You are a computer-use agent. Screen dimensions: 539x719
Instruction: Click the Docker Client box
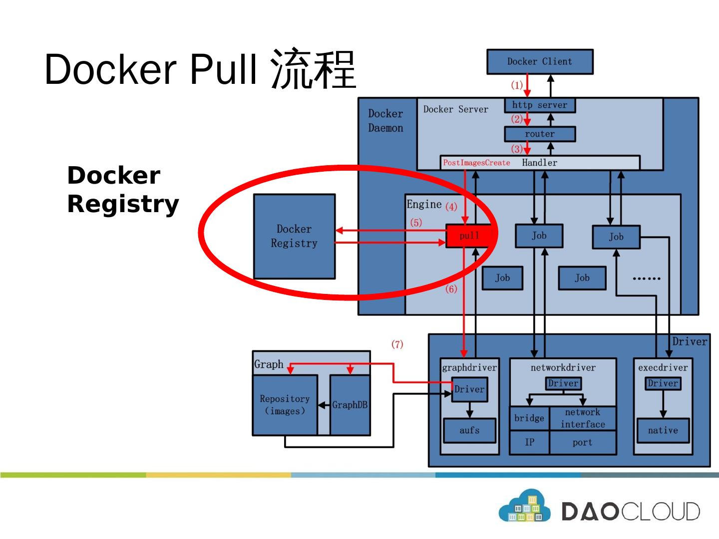coord(540,62)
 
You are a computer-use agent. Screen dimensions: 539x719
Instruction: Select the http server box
coord(540,105)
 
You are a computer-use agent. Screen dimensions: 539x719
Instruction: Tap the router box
coord(540,134)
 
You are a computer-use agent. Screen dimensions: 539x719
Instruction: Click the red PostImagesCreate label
coord(476,163)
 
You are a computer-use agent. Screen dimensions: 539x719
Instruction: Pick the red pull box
coord(469,236)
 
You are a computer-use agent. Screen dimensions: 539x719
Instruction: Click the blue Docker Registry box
coord(294,236)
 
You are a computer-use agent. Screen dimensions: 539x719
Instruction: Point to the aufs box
coord(469,430)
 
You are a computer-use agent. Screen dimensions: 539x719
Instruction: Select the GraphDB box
coord(350,405)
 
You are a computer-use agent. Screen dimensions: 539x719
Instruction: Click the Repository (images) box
coord(285,405)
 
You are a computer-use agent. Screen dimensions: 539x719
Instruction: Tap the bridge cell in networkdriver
coord(529,418)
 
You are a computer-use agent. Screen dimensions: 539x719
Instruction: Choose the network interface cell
coord(583,418)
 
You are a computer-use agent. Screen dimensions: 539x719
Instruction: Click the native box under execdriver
coord(663,430)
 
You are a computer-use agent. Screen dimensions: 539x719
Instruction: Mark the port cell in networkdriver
coord(583,442)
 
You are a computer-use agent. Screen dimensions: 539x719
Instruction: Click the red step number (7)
coord(397,344)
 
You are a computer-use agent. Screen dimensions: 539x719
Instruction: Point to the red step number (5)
coord(416,223)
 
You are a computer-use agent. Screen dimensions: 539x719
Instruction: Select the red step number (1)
coord(517,85)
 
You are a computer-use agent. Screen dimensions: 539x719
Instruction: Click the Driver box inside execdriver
coord(663,383)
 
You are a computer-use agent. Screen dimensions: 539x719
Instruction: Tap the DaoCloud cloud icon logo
coord(524,507)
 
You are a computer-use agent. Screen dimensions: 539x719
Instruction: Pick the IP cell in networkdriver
coord(529,442)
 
